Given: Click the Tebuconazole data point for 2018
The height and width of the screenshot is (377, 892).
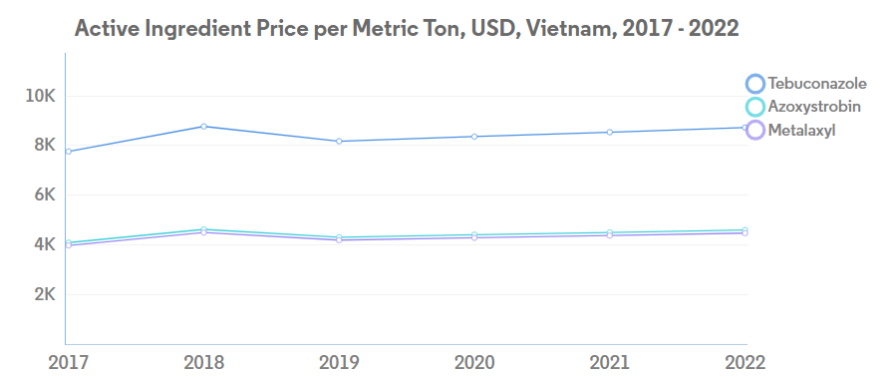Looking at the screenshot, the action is tap(203, 127).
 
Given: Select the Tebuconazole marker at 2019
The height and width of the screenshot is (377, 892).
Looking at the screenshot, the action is tap(339, 142).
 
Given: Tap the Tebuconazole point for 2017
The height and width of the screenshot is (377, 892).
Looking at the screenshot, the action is tap(68, 152).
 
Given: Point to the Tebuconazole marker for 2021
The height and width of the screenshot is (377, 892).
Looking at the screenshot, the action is tap(610, 132).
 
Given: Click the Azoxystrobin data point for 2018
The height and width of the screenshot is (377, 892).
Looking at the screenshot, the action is tap(203, 229).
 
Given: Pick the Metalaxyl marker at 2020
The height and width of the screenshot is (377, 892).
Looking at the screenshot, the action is tap(474, 237).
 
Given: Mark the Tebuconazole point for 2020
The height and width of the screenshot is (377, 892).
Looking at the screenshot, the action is tap(474, 137).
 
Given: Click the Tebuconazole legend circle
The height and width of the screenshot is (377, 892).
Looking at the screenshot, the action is tap(754, 84).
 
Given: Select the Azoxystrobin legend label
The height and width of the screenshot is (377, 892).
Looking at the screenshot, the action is tap(814, 107).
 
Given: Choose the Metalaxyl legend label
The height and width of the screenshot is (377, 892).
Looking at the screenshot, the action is tap(801, 131).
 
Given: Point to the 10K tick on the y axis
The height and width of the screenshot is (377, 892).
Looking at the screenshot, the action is tap(40, 96).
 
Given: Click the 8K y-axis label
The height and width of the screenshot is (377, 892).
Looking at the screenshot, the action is tap(45, 146).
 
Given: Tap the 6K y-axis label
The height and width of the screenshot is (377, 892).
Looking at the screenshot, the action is tap(45, 194).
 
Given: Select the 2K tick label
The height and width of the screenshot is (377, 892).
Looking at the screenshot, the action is tap(45, 294).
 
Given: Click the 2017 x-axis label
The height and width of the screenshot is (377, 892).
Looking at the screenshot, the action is tap(68, 362).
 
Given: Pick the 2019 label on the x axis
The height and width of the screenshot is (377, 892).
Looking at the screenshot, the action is tap(339, 362).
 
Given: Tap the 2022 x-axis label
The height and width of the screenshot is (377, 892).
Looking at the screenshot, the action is tap(745, 362).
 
